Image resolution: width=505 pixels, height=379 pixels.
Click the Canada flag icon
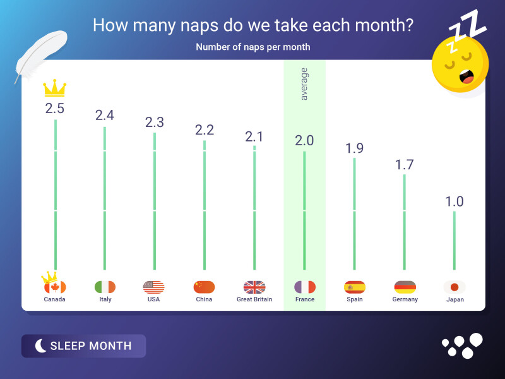55,287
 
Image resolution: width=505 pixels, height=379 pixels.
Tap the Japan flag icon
454,287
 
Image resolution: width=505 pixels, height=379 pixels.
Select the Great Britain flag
254,287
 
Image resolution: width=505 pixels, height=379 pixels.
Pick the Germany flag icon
405,287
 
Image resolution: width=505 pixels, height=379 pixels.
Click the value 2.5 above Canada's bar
55,109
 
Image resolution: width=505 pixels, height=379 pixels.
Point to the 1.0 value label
454,202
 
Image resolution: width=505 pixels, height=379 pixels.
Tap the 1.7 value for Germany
405,165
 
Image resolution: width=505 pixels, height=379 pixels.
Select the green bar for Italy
105,198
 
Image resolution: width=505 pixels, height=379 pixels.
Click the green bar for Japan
454,241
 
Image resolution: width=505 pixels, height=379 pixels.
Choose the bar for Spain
355,214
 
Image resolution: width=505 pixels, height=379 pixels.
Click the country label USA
153,299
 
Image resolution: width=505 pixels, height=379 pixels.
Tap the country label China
204,299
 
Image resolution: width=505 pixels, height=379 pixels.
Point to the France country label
305,299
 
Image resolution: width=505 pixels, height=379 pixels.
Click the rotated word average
304,84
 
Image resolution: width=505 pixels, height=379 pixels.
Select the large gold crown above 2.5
55,88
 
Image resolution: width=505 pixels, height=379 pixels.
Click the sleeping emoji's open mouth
466,76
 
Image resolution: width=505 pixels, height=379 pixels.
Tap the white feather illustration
41,56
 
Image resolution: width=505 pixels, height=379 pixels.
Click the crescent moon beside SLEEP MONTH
40,346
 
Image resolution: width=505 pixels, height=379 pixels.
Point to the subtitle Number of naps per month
253,47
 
